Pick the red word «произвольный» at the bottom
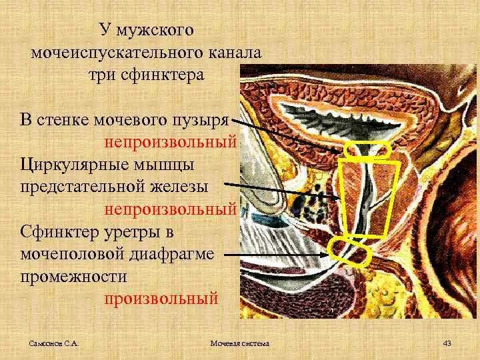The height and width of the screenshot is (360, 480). pos(161,298)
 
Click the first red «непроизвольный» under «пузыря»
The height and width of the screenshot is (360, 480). pos(170,142)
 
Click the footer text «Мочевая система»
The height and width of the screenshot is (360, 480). pos(239,343)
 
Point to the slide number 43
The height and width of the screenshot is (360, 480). pos(447,343)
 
